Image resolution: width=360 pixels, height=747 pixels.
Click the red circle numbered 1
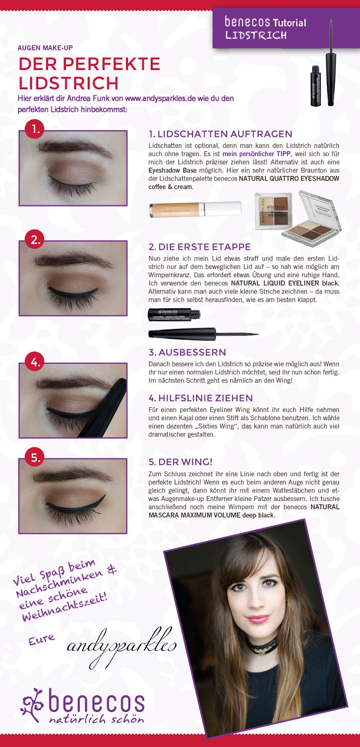[x=35, y=129]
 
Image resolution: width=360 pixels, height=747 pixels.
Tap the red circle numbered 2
[x=35, y=240]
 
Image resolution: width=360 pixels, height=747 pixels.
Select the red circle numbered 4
[x=35, y=362]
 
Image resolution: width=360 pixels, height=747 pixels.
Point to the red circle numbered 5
[x=35, y=458]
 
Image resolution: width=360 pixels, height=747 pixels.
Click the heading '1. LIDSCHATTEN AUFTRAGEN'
[x=220, y=134]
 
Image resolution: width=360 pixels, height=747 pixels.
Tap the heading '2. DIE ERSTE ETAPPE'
[x=199, y=247]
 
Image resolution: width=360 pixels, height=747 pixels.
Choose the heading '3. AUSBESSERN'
[x=187, y=352]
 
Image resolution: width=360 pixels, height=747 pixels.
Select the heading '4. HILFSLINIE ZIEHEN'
[x=200, y=398]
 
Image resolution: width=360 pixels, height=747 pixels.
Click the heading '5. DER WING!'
[x=181, y=462]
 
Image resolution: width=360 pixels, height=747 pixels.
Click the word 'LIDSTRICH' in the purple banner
[x=256, y=35]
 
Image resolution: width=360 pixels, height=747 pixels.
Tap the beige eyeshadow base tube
[x=195, y=209]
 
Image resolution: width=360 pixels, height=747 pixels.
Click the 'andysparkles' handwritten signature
[x=122, y=647]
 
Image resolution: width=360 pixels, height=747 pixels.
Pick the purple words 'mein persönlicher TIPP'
[x=256, y=154]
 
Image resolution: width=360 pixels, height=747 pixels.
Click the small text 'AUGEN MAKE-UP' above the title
[x=45, y=48]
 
